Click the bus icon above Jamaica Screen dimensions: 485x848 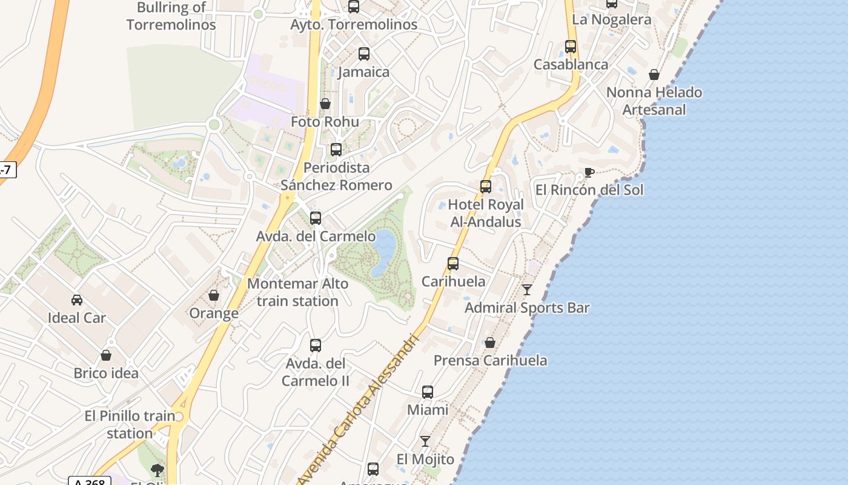(364, 54)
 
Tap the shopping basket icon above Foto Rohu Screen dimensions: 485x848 (325, 104)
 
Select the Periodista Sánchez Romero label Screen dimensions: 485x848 (336, 176)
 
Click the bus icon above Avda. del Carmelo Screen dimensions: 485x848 (316, 218)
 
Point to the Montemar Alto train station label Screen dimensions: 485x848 (297, 292)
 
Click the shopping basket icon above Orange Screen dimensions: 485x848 (214, 295)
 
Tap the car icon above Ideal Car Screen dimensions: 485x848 (77, 300)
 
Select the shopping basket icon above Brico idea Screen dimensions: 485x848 (106, 355)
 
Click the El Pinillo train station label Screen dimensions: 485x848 (130, 424)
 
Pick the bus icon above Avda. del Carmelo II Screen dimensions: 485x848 (316, 346)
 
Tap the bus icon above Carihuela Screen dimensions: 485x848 (453, 264)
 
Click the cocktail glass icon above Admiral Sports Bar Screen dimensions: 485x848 (527, 290)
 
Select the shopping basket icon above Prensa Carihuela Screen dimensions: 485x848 (490, 343)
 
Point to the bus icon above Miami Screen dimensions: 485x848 (428, 392)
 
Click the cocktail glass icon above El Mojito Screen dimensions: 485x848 (425, 441)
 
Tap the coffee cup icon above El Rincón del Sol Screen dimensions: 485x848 (589, 173)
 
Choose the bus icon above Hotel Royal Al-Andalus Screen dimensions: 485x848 (486, 187)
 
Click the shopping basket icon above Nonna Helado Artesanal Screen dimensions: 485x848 (654, 75)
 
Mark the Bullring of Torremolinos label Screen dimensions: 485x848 (171, 16)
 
